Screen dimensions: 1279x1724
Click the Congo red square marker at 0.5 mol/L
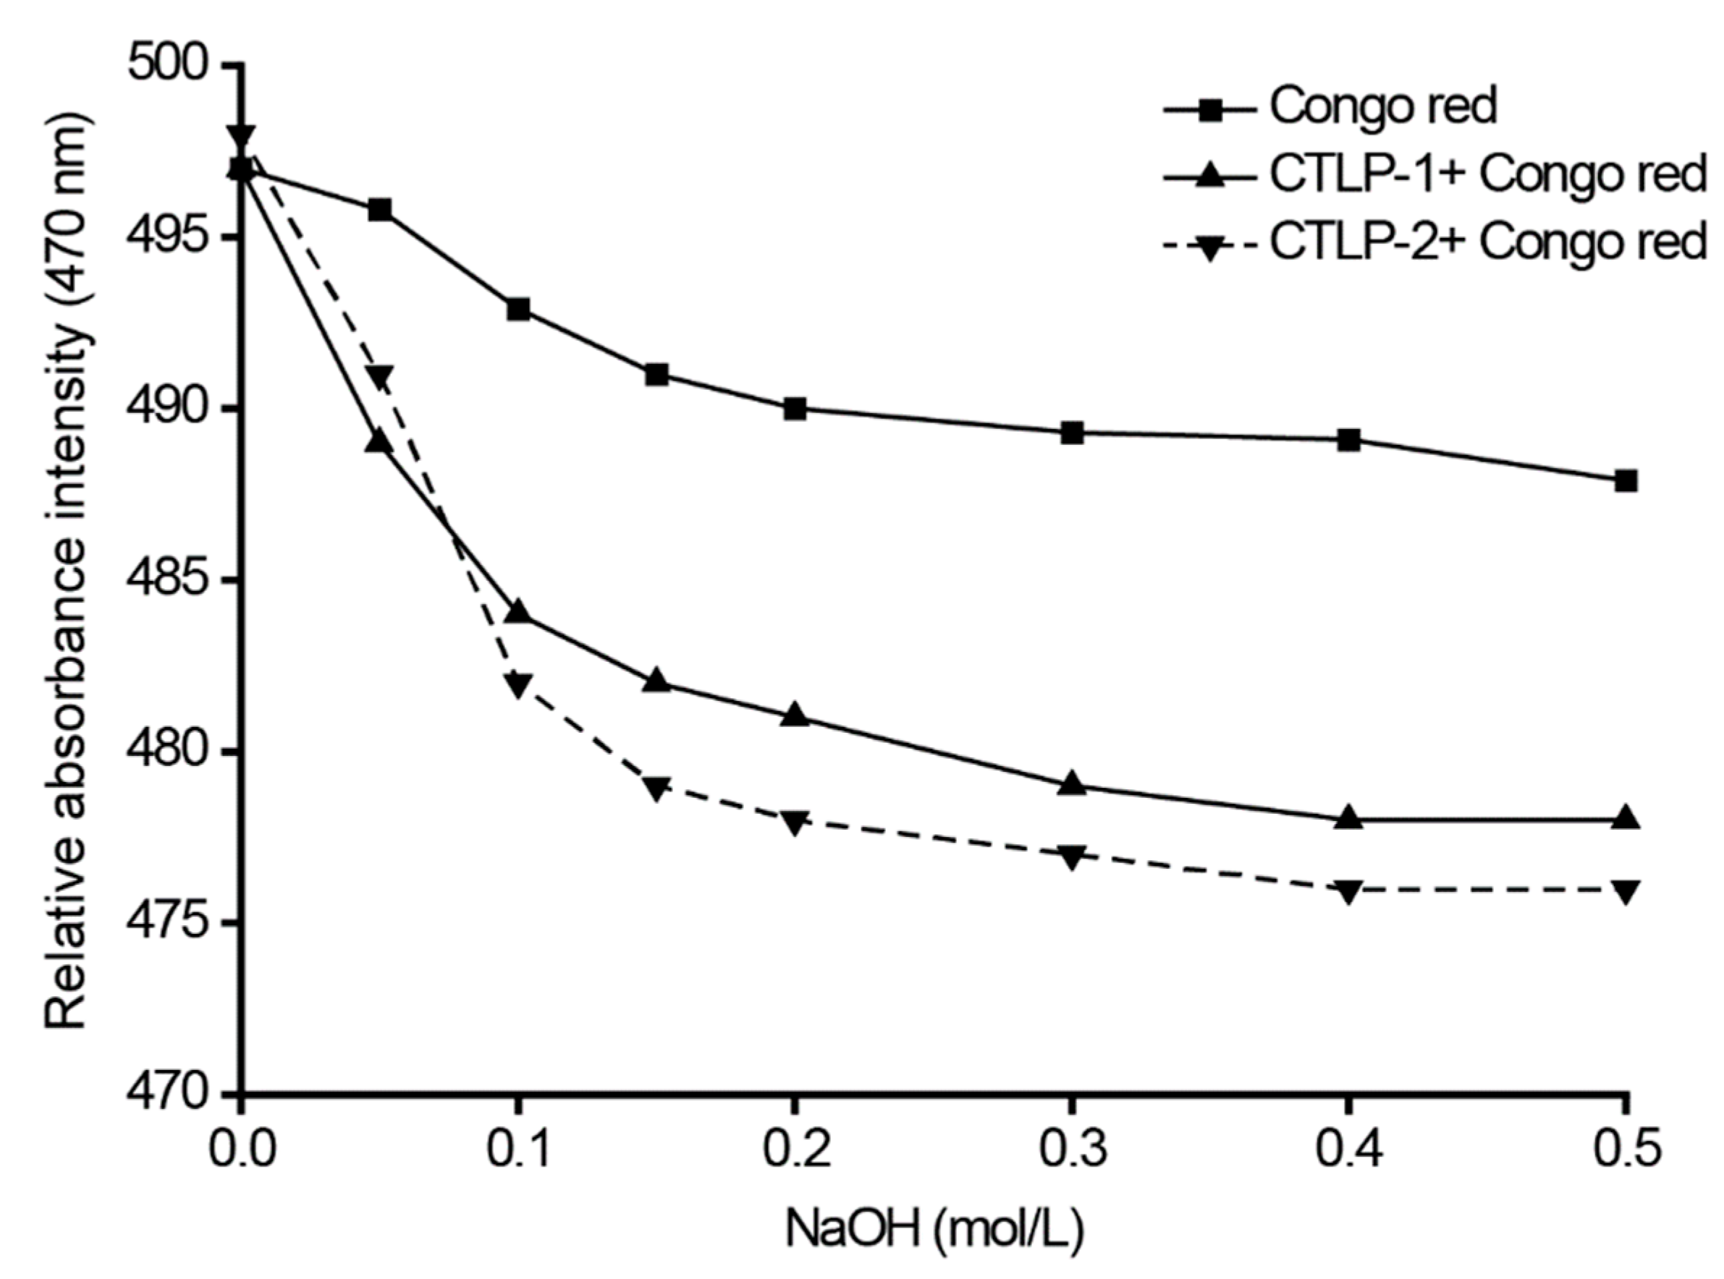(x=1626, y=481)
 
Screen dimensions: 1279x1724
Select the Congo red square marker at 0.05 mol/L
(x=379, y=210)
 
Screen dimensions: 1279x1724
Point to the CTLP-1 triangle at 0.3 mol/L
(x=1072, y=783)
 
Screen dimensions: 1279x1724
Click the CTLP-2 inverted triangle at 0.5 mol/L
(x=1626, y=891)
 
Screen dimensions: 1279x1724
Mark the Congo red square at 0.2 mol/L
(x=795, y=409)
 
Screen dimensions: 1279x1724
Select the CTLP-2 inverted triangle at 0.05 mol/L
(x=379, y=377)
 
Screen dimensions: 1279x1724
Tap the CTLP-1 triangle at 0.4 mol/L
(x=1348, y=817)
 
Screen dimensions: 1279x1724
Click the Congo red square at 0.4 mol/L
(x=1348, y=441)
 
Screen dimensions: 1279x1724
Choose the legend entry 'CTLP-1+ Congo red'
(x=1487, y=175)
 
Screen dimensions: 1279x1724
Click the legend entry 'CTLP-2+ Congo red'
(x=1487, y=242)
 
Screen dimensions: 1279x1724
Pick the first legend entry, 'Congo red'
(x=1382, y=107)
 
